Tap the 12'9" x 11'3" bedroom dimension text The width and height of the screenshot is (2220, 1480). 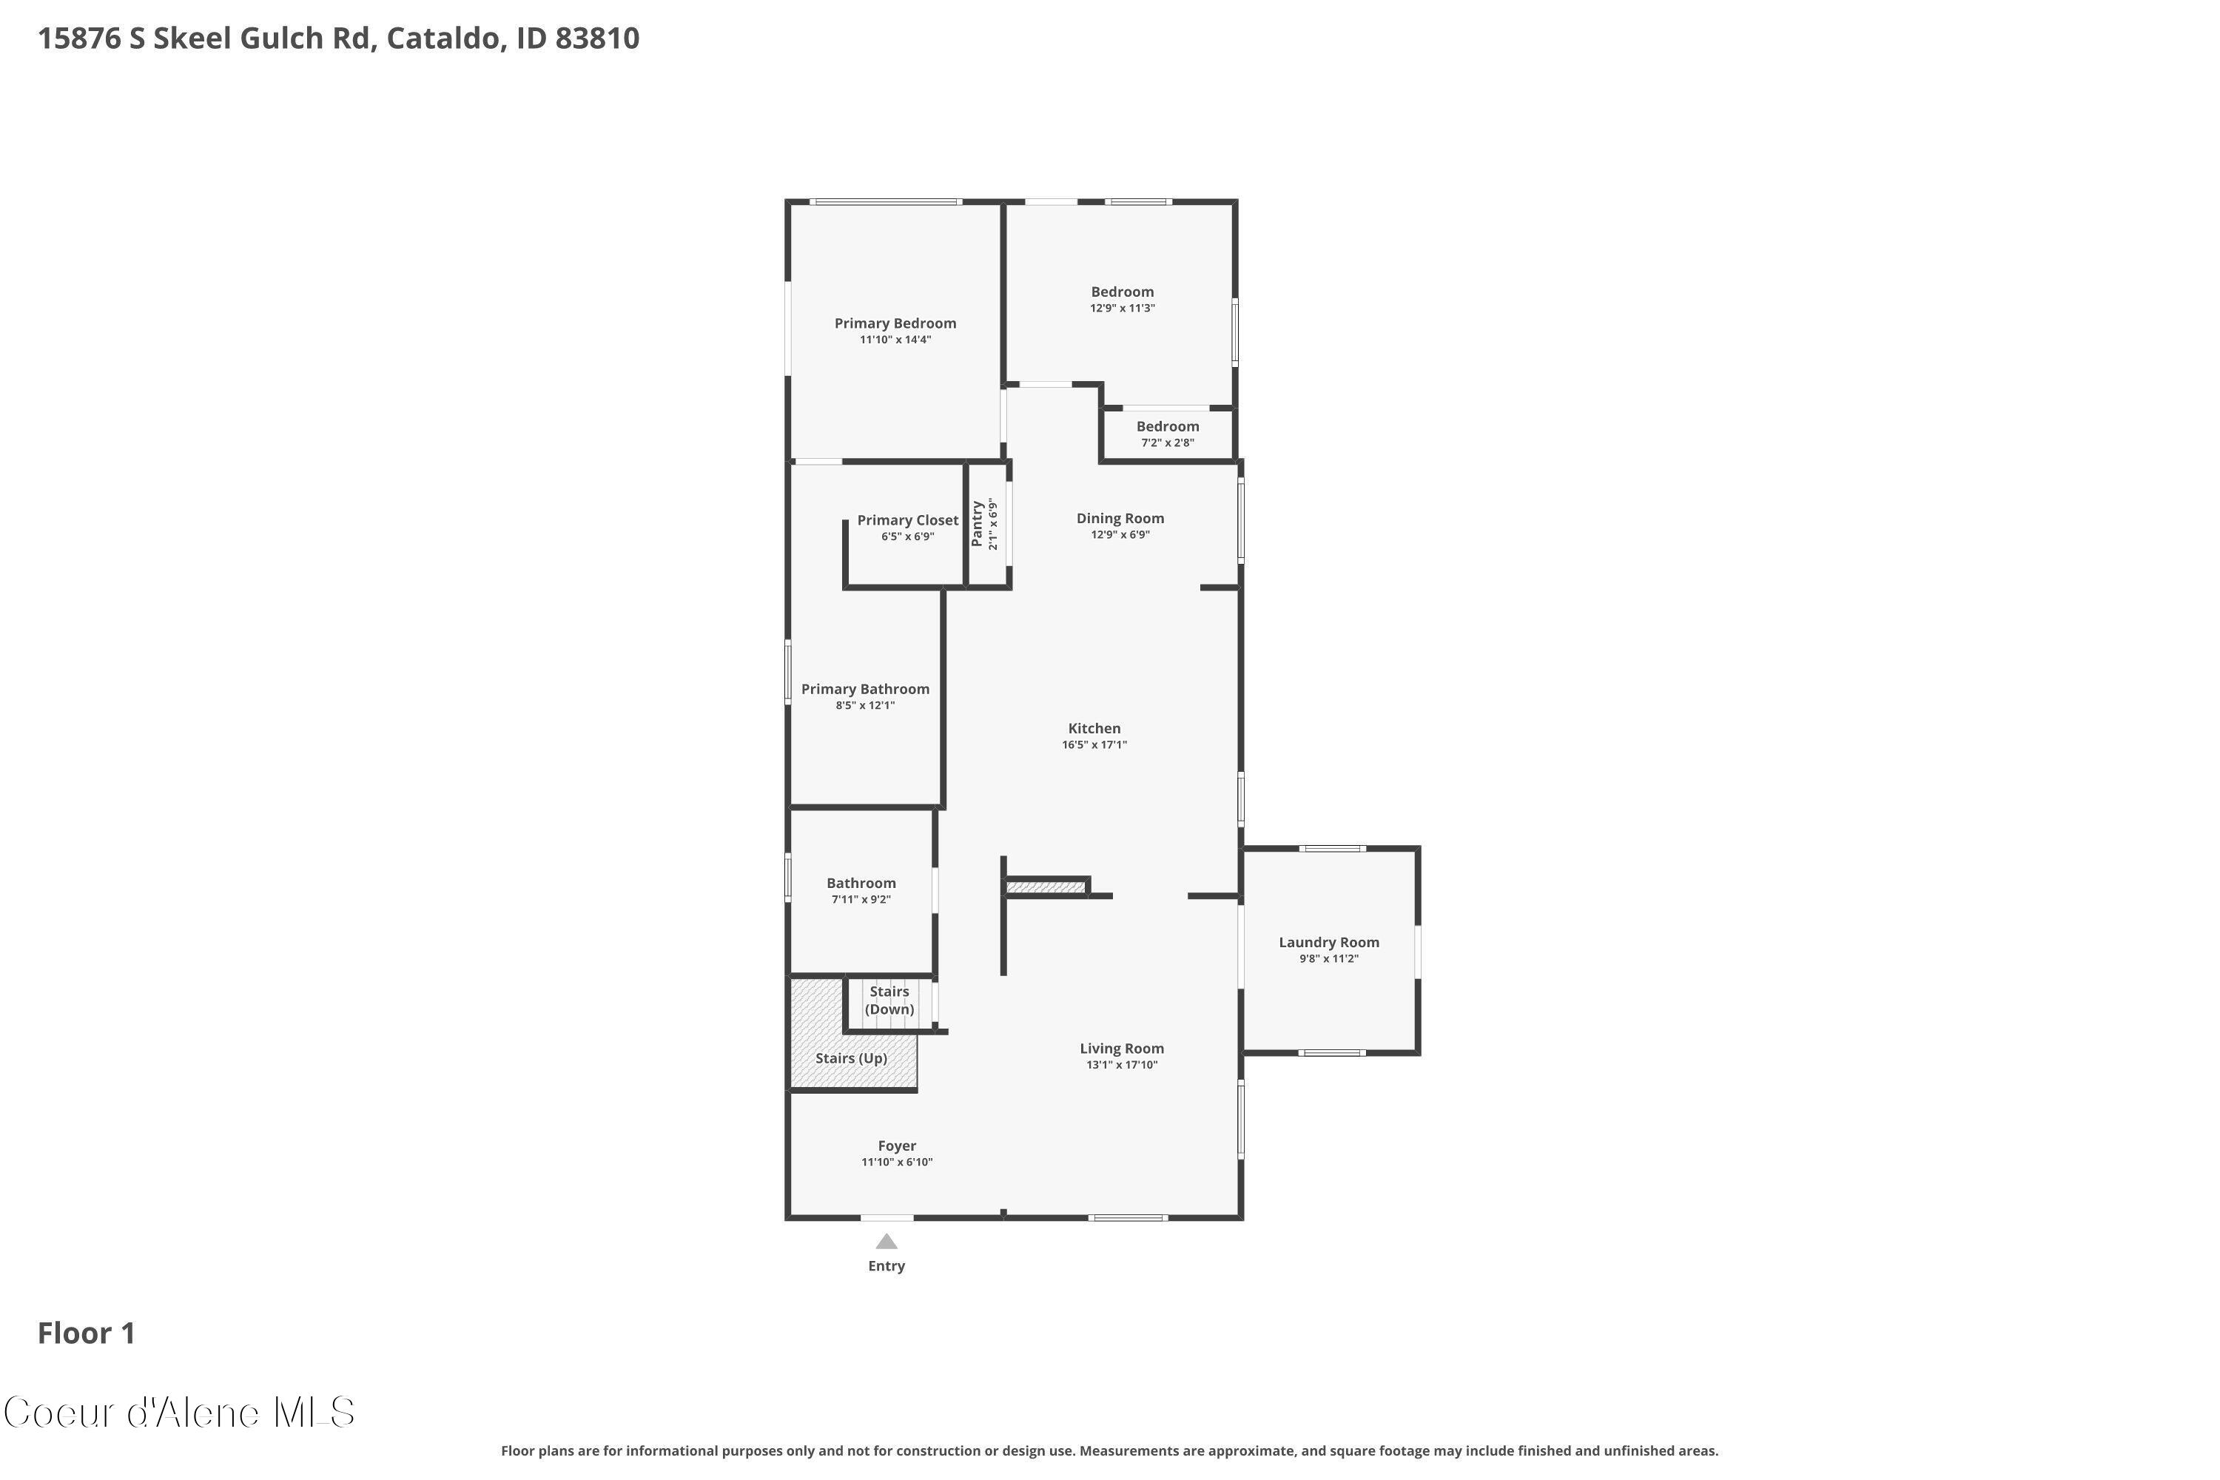pyautogui.click(x=1123, y=309)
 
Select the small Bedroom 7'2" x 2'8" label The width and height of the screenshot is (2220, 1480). pyautogui.click(x=1168, y=428)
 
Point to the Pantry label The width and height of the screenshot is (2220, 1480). pyautogui.click(x=978, y=524)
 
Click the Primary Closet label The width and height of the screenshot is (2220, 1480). pyautogui.click(x=907, y=521)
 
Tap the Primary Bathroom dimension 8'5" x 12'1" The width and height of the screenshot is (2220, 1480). pyautogui.click(x=864, y=706)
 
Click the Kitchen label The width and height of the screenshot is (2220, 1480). pyautogui.click(x=1094, y=729)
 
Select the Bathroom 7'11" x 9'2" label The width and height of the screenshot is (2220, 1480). pyautogui.click(x=861, y=884)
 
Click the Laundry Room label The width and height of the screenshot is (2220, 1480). pyautogui.click(x=1328, y=943)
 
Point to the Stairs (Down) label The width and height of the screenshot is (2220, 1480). pyautogui.click(x=889, y=1000)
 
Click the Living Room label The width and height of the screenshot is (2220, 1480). pyautogui.click(x=1121, y=1049)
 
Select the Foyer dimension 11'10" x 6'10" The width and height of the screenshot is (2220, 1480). pyautogui.click(x=897, y=1163)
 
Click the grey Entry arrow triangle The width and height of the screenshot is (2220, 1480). pyautogui.click(x=887, y=1242)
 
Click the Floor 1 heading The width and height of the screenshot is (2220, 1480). pyautogui.click(x=86, y=1333)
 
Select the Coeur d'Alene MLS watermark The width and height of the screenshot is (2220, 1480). pyautogui.click(x=179, y=1413)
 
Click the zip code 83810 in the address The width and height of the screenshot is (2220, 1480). pyautogui.click(x=596, y=38)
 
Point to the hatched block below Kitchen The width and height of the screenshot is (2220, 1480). pyautogui.click(x=1046, y=887)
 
